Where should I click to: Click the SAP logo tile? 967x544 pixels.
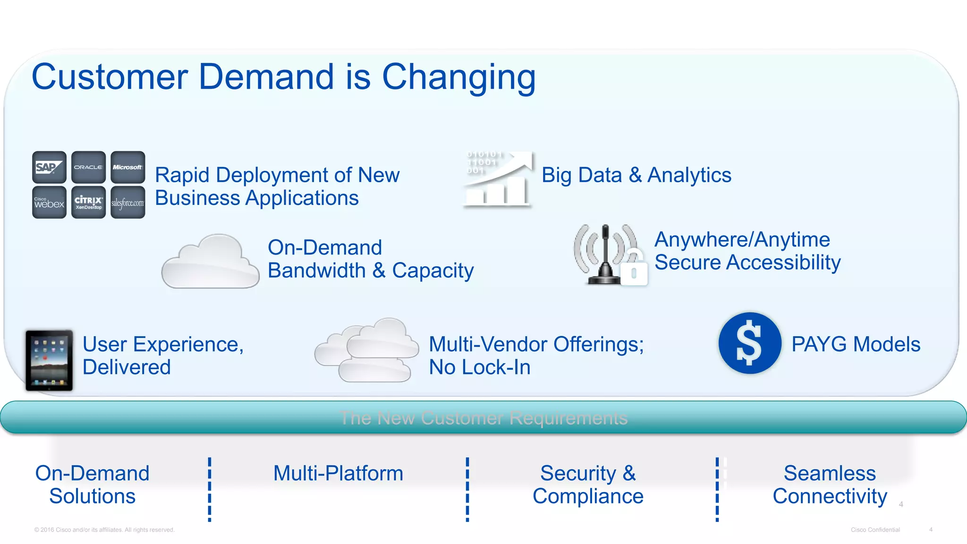pos(49,167)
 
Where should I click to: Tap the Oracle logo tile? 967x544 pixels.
pos(88,167)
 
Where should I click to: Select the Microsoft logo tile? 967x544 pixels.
pos(127,167)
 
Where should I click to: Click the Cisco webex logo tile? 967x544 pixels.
pos(49,203)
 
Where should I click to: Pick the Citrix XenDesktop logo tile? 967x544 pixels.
pos(88,203)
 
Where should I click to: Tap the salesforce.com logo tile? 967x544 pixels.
pos(127,203)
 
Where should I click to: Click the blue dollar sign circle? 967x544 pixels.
pos(749,343)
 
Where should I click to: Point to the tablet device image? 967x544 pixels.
pos(49,360)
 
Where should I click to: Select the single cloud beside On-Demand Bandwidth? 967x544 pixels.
pos(210,263)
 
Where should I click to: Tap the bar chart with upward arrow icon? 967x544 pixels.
pos(498,179)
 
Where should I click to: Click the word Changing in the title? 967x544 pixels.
pos(458,77)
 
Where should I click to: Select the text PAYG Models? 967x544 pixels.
pos(856,344)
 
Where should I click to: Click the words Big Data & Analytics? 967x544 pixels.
pos(636,175)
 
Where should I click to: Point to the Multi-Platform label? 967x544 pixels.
pos(338,473)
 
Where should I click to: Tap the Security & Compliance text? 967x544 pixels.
pos(588,484)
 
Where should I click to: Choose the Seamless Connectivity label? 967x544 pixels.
pos(830,484)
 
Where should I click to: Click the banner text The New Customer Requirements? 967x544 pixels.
pos(483,418)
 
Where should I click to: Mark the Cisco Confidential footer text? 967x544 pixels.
pos(875,530)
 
